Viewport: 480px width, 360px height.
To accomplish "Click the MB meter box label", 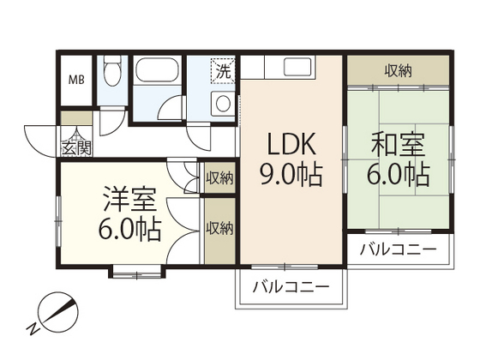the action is tap(76, 81).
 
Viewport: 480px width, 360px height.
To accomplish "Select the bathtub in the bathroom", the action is tap(157, 70).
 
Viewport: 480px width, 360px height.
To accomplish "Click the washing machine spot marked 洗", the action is tap(223, 71).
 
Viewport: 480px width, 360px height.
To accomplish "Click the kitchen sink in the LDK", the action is tap(298, 67).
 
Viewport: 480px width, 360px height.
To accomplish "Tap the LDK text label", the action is tap(291, 144).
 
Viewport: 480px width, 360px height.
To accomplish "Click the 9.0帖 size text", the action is tap(291, 175).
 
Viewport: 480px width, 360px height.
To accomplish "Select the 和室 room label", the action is tap(398, 144).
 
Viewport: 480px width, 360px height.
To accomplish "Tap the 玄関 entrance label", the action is tap(76, 148).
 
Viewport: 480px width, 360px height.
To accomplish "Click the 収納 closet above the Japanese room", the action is tap(398, 71).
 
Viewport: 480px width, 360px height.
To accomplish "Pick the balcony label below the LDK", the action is tap(291, 287).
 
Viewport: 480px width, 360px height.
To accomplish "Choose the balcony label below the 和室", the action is tap(398, 249).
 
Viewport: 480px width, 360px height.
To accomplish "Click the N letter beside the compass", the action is tap(33, 329).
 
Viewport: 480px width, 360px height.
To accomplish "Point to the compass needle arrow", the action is tap(60, 312).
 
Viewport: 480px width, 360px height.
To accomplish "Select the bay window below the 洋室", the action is tap(137, 272).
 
